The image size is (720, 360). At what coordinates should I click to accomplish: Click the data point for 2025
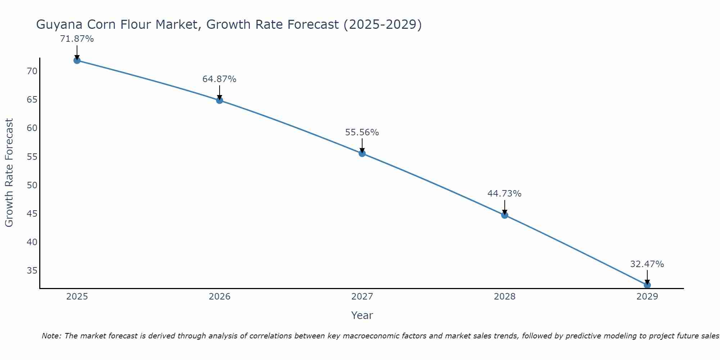(77, 60)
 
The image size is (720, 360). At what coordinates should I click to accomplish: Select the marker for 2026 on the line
(220, 100)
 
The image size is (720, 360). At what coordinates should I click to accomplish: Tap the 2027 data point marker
(362, 153)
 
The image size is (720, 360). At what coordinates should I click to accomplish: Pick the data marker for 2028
(505, 215)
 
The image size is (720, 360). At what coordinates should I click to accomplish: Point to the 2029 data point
(647, 285)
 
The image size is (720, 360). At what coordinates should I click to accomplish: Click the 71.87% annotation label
(77, 39)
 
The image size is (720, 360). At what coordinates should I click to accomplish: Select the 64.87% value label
(219, 79)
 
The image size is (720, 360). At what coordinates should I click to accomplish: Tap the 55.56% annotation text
(362, 132)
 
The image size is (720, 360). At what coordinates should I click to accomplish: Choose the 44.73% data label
(504, 194)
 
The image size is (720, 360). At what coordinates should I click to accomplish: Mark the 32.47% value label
(647, 264)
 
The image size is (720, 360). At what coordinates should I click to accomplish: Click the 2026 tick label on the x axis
(220, 297)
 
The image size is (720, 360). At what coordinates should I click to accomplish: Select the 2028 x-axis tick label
(505, 297)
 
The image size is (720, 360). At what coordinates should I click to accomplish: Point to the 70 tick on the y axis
(32, 71)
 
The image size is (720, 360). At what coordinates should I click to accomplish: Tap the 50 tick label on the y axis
(32, 185)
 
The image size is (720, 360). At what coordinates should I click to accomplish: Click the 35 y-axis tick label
(32, 271)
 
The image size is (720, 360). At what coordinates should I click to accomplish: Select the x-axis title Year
(362, 315)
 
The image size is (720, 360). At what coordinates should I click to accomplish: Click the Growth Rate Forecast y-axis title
(9, 172)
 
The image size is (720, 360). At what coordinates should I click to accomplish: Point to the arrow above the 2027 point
(362, 145)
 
